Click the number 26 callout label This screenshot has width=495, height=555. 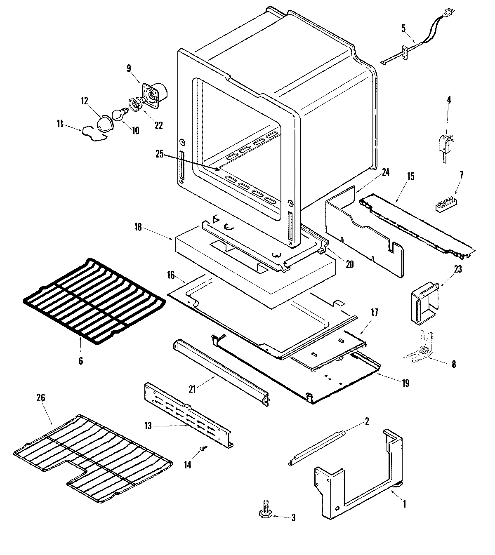[41, 398]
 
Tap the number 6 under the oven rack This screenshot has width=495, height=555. [81, 361]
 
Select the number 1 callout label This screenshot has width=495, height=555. [405, 503]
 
